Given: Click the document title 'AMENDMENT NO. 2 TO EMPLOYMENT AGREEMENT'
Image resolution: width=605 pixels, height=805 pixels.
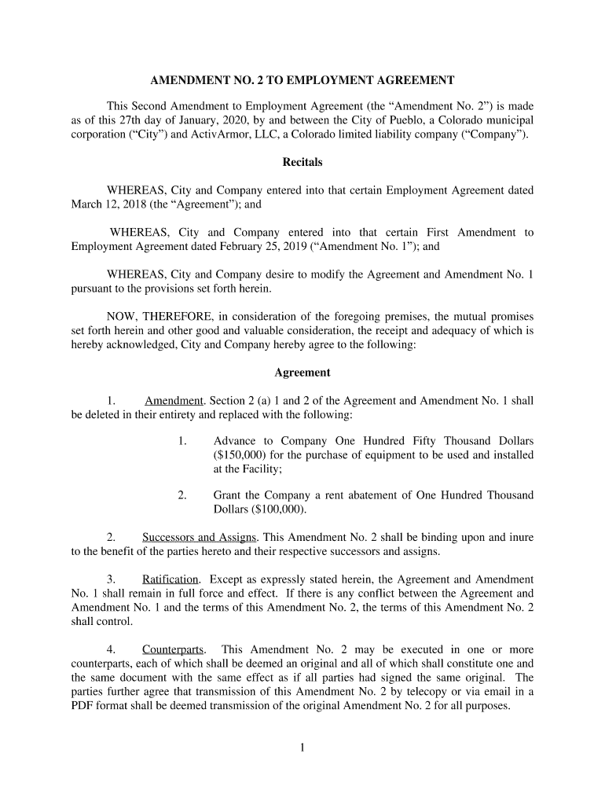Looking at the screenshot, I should [302, 80].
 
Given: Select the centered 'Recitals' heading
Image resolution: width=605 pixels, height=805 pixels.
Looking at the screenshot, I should [302, 163].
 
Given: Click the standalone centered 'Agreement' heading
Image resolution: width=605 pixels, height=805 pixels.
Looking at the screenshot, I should [302, 373].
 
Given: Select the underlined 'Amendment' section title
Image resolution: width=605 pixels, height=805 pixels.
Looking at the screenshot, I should [174, 400].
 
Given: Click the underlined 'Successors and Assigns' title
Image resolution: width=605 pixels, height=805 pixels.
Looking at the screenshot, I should [200, 538].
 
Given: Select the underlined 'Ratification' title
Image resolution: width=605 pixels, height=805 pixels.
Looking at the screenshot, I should [170, 579].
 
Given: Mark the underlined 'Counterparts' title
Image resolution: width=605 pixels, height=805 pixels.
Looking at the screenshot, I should [173, 649].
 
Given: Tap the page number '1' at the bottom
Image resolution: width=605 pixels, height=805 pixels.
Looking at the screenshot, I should [302, 748].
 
